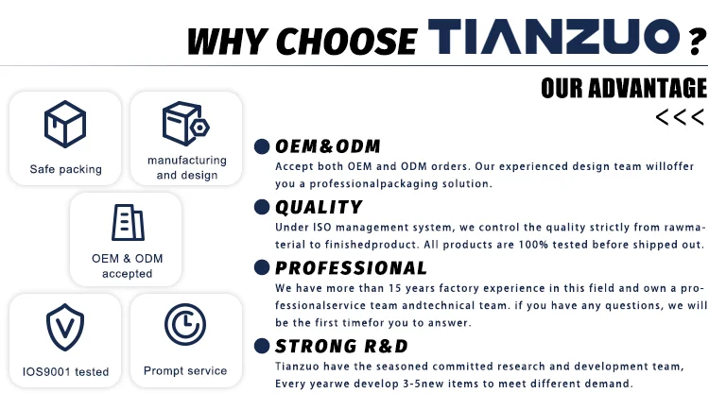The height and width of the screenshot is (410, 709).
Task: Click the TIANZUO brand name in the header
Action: click(x=554, y=37)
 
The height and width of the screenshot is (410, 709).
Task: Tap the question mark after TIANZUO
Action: click(x=699, y=42)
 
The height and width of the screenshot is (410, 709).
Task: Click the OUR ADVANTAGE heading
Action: click(x=624, y=88)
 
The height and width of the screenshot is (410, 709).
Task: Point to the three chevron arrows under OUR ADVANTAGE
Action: click(x=680, y=117)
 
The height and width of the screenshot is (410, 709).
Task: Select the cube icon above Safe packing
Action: click(x=65, y=124)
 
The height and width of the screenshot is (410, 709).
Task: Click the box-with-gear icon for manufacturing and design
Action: click(x=185, y=124)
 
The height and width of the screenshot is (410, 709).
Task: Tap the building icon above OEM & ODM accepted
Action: click(x=128, y=222)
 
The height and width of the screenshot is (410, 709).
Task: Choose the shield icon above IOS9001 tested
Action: click(x=65, y=327)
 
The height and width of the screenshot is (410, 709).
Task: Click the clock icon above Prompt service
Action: click(x=185, y=325)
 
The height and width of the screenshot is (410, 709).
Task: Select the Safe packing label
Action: click(x=65, y=169)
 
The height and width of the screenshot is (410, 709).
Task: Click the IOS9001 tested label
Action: click(x=65, y=371)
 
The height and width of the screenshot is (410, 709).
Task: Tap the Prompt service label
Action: click(x=185, y=370)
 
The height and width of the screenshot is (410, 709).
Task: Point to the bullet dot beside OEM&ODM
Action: click(x=262, y=146)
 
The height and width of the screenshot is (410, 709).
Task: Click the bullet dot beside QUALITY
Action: click(x=262, y=207)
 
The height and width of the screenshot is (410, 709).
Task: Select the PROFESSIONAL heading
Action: click(x=351, y=268)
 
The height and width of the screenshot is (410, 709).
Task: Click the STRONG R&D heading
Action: click(x=341, y=347)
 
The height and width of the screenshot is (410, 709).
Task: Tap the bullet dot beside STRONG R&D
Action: click(x=262, y=346)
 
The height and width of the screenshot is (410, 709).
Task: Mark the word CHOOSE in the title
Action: click(x=346, y=42)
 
